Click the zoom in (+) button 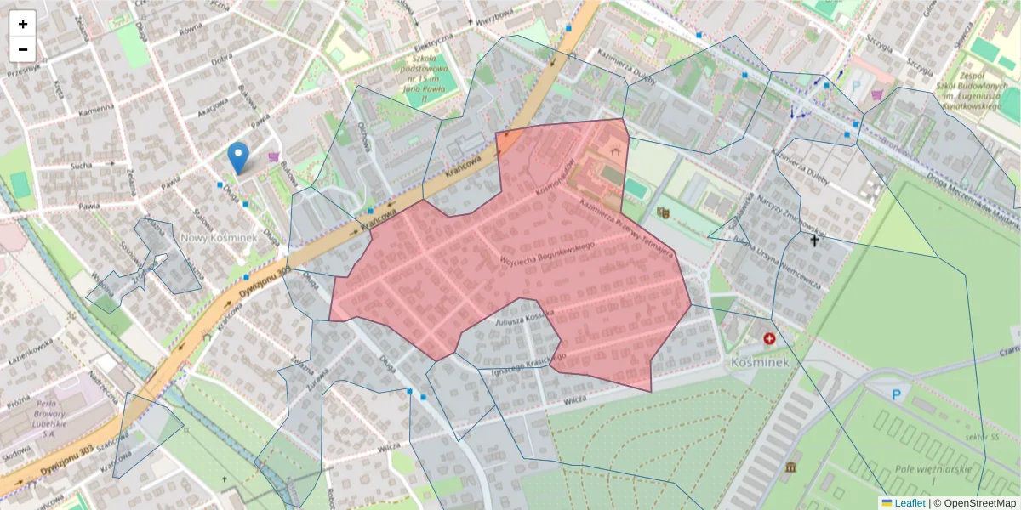tap(23, 24)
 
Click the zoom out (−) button tap(23, 49)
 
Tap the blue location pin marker tap(239, 158)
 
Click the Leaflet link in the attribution tap(910, 503)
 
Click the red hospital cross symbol tap(770, 338)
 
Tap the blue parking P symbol tap(895, 394)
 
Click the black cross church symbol tap(814, 241)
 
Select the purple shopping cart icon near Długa tap(273, 156)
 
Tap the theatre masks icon tap(664, 212)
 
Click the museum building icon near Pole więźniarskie tap(792, 467)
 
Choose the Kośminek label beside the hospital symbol tap(760, 362)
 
